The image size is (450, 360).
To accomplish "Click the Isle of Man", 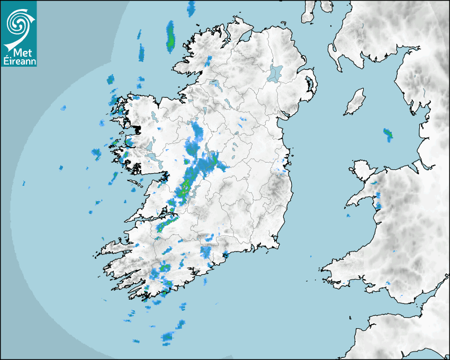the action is [355, 102].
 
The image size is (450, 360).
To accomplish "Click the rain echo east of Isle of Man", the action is [388, 133].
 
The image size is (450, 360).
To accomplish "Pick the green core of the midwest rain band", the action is [185, 187].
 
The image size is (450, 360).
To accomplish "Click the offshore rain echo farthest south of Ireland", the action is [168, 337].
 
